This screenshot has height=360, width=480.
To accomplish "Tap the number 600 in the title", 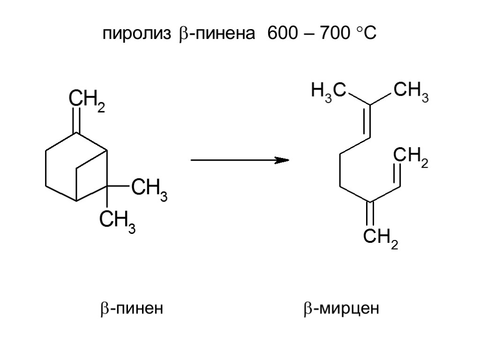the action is (x=282, y=34).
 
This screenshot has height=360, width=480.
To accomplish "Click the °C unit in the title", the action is (x=366, y=34).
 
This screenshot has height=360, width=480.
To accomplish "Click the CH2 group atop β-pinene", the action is (x=87, y=100).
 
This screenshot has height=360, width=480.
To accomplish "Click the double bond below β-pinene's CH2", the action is (x=77, y=120).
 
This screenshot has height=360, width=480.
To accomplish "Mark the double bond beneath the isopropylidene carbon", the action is (x=370, y=121).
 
